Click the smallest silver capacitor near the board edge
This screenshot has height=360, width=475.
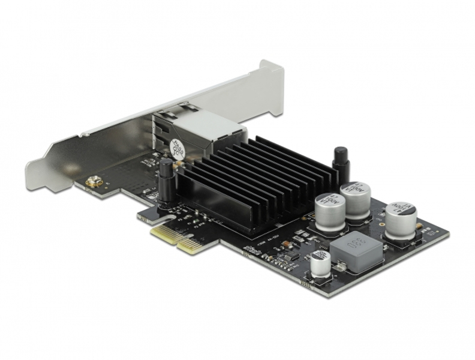[x=321, y=263]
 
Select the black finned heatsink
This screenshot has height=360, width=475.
[x=252, y=180]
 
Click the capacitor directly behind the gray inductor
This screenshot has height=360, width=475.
[x=355, y=199]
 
